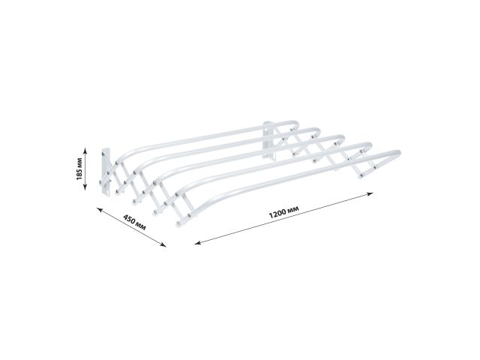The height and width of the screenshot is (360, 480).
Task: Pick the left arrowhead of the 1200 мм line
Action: [196, 243]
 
